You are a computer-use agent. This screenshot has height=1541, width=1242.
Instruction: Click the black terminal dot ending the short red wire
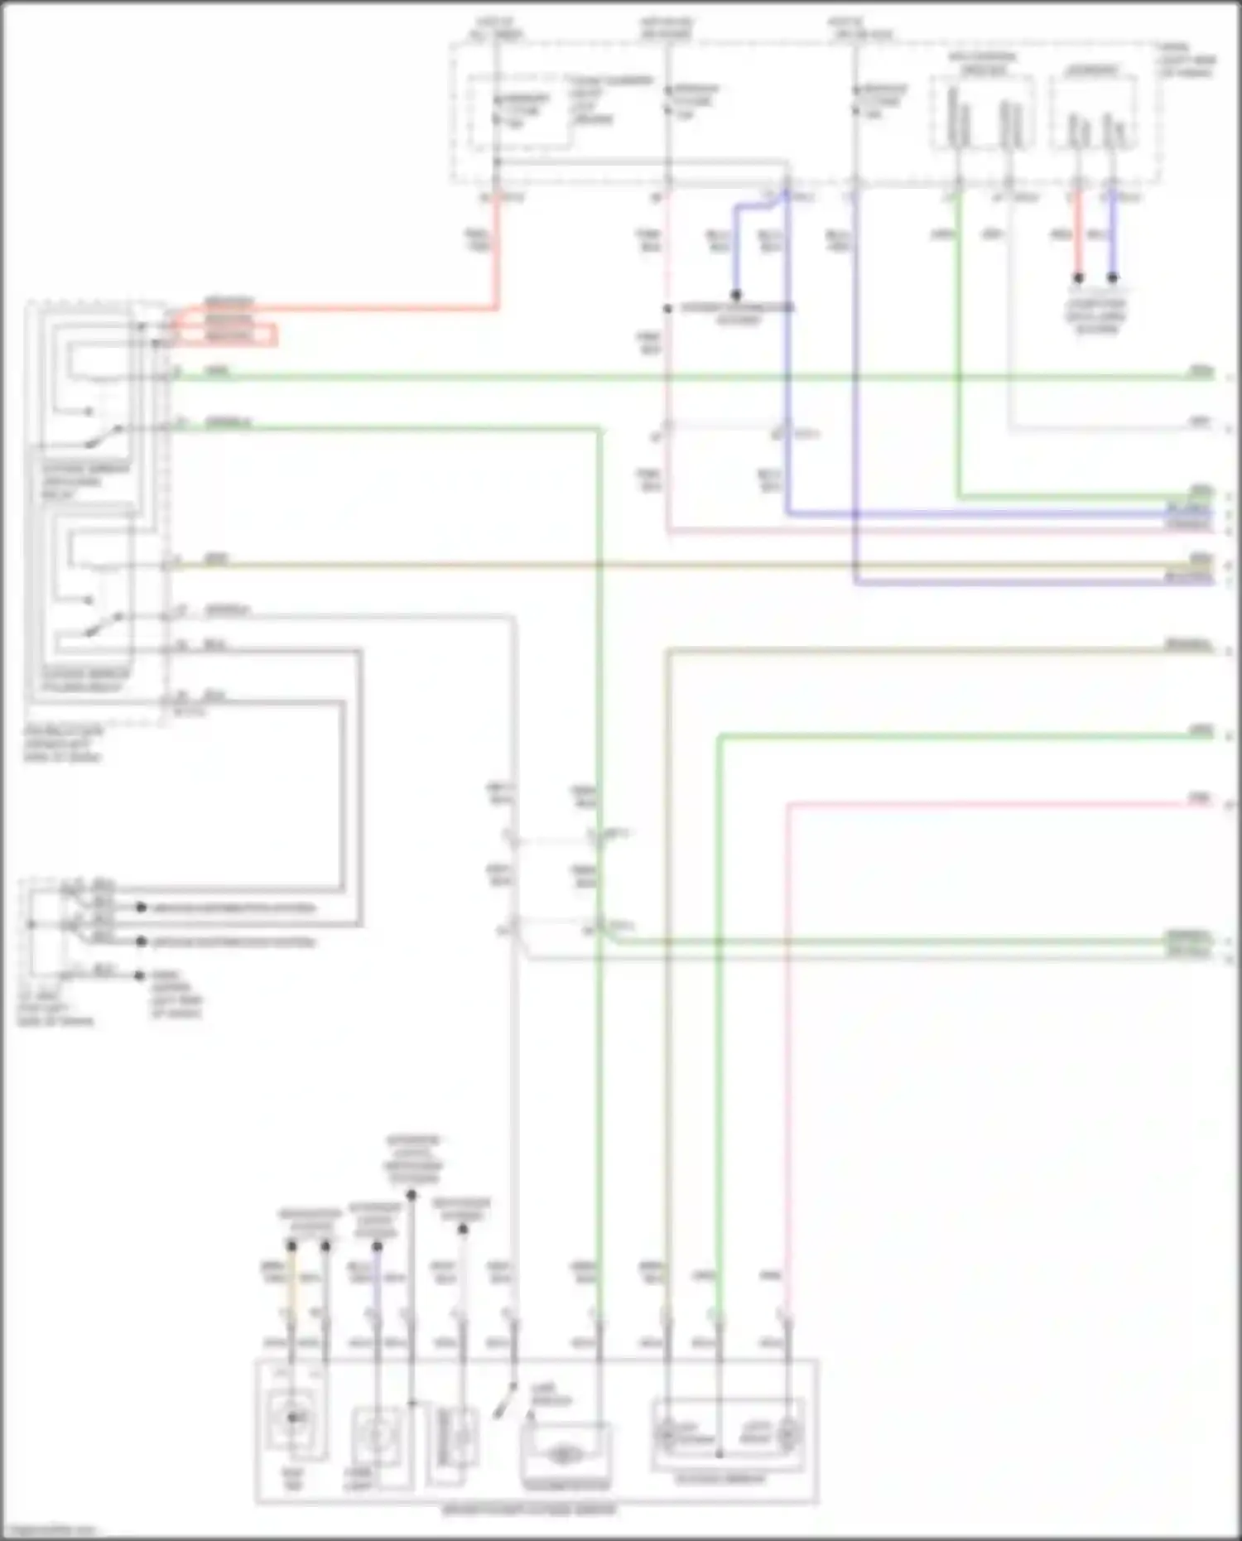pyautogui.click(x=1078, y=278)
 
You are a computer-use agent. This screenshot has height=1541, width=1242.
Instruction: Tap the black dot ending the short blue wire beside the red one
pyautogui.click(x=1113, y=278)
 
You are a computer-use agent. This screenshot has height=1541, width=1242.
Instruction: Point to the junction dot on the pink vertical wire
pyautogui.click(x=667, y=309)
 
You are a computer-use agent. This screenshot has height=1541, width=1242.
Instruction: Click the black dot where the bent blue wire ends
pyautogui.click(x=735, y=295)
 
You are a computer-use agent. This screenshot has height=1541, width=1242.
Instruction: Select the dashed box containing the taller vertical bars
pyautogui.click(x=982, y=113)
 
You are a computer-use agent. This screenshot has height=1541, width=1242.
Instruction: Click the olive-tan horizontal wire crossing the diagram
pyautogui.click(x=580, y=566)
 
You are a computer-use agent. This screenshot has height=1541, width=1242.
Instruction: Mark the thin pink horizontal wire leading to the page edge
pyautogui.click(x=994, y=803)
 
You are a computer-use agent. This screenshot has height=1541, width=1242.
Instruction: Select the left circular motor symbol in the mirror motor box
pyautogui.click(x=667, y=1433)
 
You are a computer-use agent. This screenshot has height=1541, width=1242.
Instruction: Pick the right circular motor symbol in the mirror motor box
pyautogui.click(x=787, y=1433)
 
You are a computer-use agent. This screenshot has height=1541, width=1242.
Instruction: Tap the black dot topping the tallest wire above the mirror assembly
pyautogui.click(x=412, y=1195)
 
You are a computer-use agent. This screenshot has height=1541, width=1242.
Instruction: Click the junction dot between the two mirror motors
pyautogui.click(x=720, y=1453)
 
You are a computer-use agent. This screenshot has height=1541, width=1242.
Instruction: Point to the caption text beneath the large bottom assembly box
pyautogui.click(x=530, y=1510)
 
